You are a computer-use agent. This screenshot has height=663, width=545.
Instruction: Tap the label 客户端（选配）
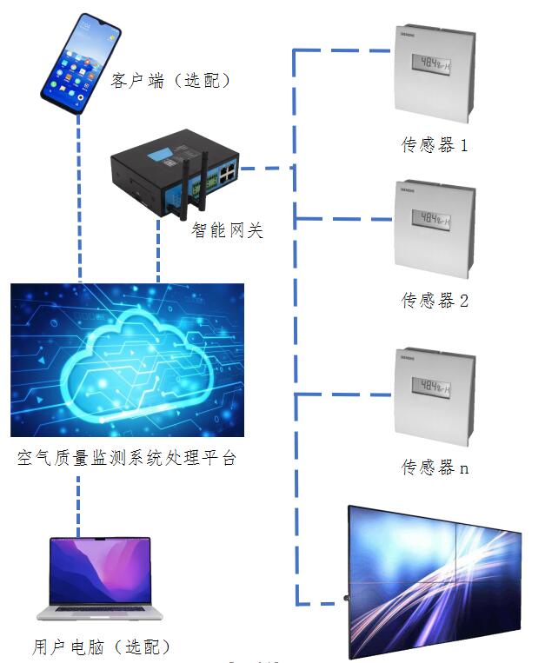pyautogui.click(x=171, y=81)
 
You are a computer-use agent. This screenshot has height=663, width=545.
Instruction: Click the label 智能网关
pyautogui.click(x=227, y=231)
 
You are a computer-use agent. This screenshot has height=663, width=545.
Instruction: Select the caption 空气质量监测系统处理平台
pyautogui.click(x=127, y=458)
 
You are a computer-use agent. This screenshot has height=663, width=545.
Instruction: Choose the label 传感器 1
pyautogui.click(x=435, y=145)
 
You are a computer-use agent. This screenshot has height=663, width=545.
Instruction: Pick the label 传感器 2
pyautogui.click(x=435, y=301)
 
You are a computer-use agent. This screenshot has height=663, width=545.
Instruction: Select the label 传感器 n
pyautogui.click(x=435, y=467)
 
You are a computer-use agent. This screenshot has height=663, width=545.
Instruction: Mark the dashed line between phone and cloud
pyautogui.click(x=79, y=200)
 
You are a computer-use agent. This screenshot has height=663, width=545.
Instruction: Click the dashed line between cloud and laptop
pyautogui.click(x=79, y=504)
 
